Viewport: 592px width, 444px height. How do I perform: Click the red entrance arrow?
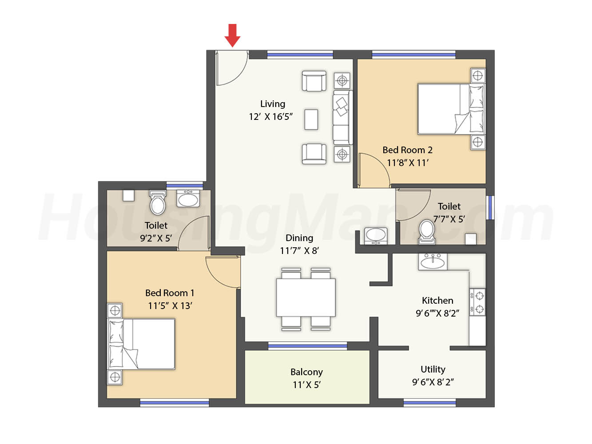[232, 36]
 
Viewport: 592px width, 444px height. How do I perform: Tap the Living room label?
[272, 104]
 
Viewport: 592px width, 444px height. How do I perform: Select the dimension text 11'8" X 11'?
[408, 163]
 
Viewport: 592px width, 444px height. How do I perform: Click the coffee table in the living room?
[311, 119]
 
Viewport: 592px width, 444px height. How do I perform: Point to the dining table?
[306, 297]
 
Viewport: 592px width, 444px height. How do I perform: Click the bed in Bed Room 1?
[141, 344]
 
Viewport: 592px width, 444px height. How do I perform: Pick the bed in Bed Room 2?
[451, 109]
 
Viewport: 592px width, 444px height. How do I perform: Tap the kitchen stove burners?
[477, 302]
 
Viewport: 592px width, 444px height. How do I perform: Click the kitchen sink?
[433, 262]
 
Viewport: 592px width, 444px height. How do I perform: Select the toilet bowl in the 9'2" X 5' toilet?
[158, 203]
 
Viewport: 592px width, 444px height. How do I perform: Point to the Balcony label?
[306, 372]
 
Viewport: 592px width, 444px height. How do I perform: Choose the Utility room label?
[433, 369]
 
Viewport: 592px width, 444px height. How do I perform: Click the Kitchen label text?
[437, 300]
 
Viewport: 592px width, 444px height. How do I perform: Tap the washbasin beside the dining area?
[376, 236]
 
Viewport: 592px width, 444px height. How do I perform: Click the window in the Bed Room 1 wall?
[175, 403]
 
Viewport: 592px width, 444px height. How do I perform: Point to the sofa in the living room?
[342, 118]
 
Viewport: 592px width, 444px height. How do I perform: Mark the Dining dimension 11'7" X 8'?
[299, 251]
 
